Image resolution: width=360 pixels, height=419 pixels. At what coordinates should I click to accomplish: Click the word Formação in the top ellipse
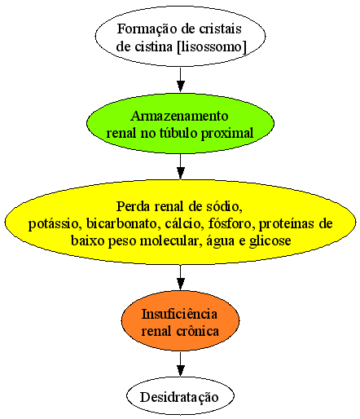click(147, 29)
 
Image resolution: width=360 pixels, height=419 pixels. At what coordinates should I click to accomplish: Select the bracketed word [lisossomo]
click(212, 47)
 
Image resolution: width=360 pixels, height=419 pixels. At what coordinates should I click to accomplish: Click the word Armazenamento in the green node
click(179, 117)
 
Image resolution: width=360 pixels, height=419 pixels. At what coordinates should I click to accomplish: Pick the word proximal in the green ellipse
click(227, 134)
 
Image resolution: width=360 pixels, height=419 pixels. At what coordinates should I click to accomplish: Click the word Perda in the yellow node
click(133, 206)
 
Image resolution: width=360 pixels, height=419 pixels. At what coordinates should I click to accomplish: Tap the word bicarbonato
click(122, 223)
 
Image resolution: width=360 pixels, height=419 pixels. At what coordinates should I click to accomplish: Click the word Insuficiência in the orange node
click(179, 315)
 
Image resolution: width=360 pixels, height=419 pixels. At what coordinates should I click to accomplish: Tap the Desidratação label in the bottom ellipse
click(179, 398)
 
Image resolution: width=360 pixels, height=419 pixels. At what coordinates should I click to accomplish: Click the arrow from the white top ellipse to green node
click(181, 79)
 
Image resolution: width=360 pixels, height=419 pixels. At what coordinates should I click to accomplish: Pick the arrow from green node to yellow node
click(181, 166)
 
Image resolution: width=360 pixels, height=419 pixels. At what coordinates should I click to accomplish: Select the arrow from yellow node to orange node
click(181, 277)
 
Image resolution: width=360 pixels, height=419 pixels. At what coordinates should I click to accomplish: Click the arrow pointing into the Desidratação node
click(181, 364)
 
